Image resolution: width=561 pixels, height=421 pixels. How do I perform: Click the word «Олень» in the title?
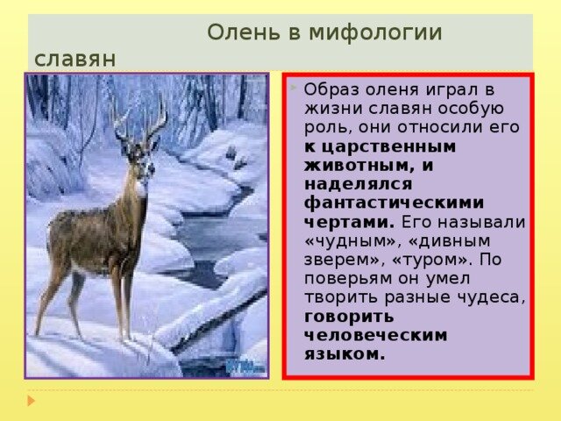click(x=244, y=32)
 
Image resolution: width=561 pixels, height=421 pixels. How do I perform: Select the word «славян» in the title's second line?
click(x=75, y=59)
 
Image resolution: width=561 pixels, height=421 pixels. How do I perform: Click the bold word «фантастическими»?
click(x=394, y=203)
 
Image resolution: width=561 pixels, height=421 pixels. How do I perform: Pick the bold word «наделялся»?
click(x=359, y=184)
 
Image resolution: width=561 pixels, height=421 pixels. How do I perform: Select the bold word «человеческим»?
click(x=376, y=335)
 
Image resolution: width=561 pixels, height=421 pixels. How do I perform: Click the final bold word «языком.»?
click(x=344, y=354)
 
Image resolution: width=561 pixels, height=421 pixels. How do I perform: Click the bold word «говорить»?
click(x=349, y=318)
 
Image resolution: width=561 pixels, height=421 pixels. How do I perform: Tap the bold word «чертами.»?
click(x=349, y=222)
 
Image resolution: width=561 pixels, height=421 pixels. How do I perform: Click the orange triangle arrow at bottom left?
click(x=32, y=400)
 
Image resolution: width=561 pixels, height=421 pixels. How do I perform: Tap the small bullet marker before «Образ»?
click(x=294, y=87)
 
